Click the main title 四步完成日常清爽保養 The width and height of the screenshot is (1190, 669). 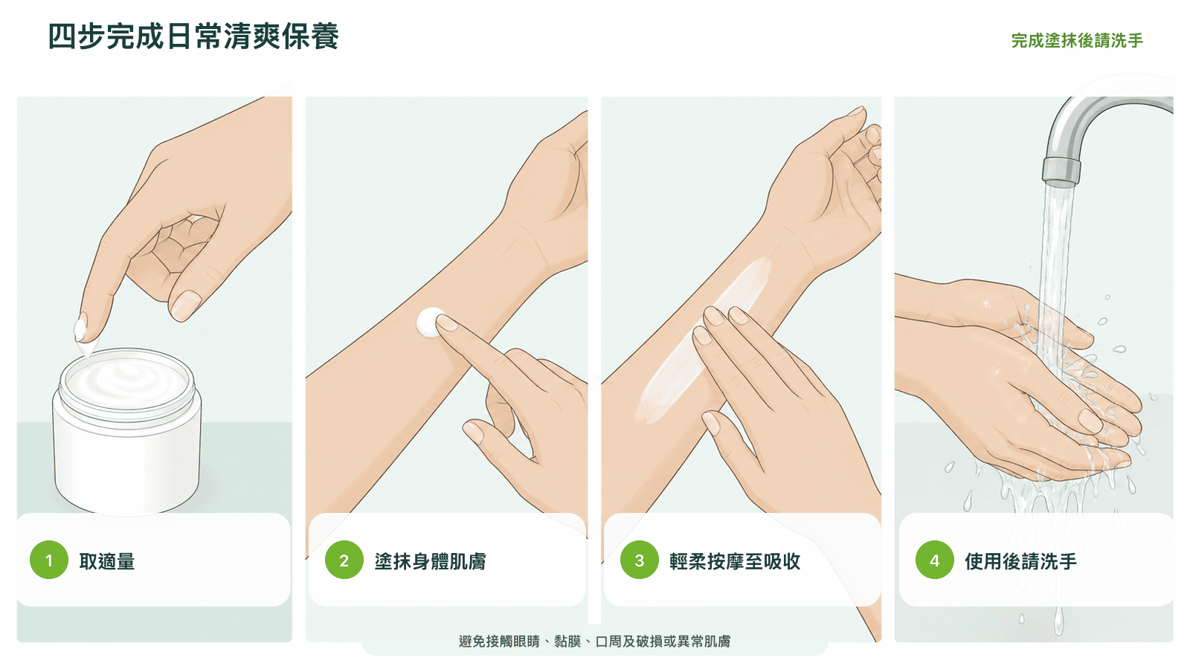click(193, 36)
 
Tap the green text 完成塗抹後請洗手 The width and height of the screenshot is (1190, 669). click(1077, 40)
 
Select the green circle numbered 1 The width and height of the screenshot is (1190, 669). click(49, 560)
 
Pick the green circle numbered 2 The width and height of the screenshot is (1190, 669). click(344, 560)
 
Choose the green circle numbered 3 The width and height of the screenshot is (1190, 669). click(640, 560)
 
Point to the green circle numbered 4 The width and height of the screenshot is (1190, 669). click(934, 560)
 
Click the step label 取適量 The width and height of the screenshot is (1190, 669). click(107, 561)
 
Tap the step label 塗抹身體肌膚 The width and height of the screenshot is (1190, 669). click(431, 561)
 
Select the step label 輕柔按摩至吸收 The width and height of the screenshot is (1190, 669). click(735, 561)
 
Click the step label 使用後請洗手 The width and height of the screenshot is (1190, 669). click(1020, 561)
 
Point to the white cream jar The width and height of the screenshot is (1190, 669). click(127, 431)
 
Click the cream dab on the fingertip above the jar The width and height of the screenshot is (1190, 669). click(81, 329)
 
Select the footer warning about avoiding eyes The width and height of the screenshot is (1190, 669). click(594, 641)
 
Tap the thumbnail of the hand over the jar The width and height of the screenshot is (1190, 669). click(186, 306)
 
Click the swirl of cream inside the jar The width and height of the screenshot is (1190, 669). click(126, 380)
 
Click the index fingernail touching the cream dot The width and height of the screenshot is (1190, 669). click(448, 323)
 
